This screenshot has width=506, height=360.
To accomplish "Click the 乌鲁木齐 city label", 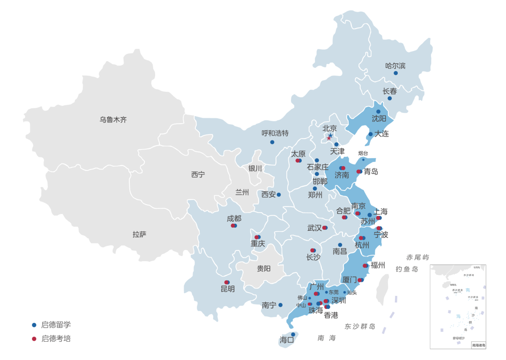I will (x=113, y=120).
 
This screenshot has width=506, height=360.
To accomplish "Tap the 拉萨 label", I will (x=139, y=235).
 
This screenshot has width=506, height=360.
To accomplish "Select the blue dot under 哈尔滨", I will (x=395, y=73).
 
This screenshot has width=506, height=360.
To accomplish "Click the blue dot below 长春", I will (x=389, y=98).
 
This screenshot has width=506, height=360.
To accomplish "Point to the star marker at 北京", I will (x=330, y=136).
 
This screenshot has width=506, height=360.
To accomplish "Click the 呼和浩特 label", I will (x=275, y=133).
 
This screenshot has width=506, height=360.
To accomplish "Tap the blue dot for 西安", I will (x=279, y=195).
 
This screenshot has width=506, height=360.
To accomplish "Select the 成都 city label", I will (x=234, y=218).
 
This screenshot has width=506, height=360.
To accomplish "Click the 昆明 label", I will (x=228, y=289).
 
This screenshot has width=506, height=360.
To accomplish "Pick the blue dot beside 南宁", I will (x=281, y=305).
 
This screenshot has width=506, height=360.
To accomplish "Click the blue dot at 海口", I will (x=293, y=334).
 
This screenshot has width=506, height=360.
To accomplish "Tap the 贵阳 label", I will (x=264, y=269).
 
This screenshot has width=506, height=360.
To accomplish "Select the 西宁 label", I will (x=198, y=175).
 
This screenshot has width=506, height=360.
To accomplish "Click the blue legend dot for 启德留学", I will (x=34, y=325).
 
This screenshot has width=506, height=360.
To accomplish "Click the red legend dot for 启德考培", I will (x=34, y=338).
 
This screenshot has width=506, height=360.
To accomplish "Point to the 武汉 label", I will (x=314, y=228).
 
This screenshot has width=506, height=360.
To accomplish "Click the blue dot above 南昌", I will (x=340, y=245).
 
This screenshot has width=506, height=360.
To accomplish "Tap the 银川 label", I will (x=255, y=169).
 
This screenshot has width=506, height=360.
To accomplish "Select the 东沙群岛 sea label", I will (x=360, y=326).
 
